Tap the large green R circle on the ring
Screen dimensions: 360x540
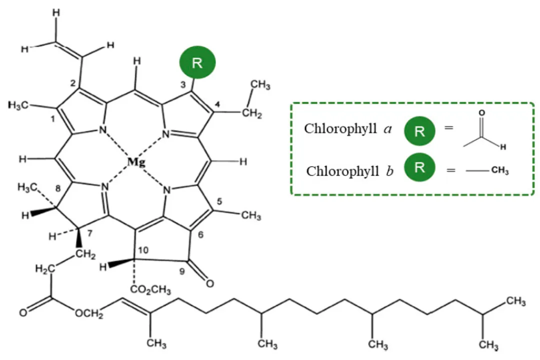[197, 62]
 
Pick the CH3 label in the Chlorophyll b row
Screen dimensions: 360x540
[499, 171]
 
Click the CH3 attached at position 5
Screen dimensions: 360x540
[250, 216]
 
